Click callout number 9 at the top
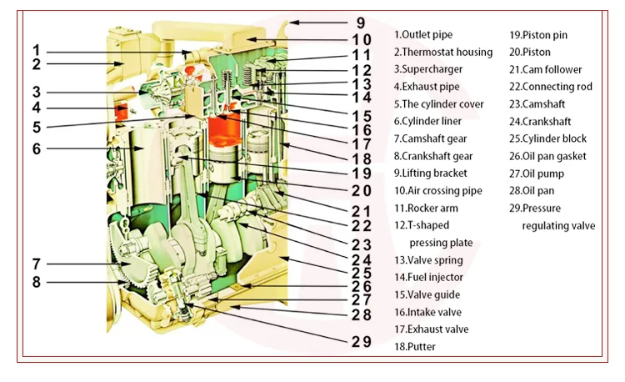tap(360, 23)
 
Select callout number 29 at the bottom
tap(359, 341)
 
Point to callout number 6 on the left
tap(37, 149)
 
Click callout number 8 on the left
tap(37, 282)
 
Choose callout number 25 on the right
tap(360, 273)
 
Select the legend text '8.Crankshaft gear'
tap(433, 156)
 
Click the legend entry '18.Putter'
tap(415, 346)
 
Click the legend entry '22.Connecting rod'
tap(551, 87)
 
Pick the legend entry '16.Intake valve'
tap(429, 312)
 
